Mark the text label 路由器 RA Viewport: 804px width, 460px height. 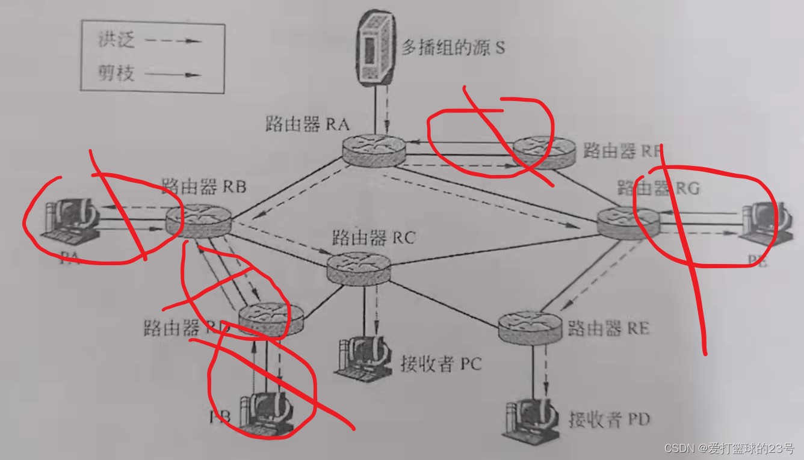pyautogui.click(x=307, y=124)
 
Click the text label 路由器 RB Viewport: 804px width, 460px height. pyautogui.click(x=203, y=186)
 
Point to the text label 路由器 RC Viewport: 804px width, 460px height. pyautogui.click(x=373, y=238)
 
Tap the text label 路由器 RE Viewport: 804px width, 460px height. pyautogui.click(x=608, y=328)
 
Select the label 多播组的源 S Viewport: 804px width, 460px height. pyautogui.click(x=453, y=48)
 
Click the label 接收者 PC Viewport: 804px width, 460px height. pyautogui.click(x=441, y=364)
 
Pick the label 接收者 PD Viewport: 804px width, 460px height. pyautogui.click(x=609, y=419)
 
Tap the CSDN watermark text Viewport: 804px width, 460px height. pyautogui.click(x=729, y=449)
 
